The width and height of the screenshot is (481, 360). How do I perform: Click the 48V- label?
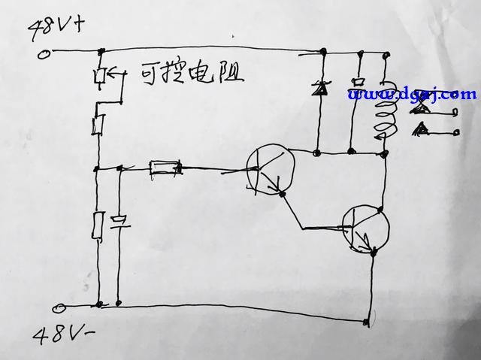[63, 334]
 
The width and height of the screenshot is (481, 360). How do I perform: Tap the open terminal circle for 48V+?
[44, 55]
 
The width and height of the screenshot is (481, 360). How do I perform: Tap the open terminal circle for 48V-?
[59, 308]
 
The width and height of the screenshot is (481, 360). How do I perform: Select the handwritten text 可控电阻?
[192, 74]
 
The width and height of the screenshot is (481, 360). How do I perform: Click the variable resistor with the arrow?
[100, 76]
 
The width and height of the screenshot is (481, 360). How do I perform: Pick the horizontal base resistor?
[165, 168]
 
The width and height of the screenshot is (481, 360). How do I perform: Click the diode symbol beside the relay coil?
[318, 89]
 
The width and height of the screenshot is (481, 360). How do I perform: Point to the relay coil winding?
[384, 111]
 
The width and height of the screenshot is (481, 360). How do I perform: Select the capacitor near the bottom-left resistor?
[119, 223]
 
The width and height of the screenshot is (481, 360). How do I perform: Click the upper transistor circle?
[271, 169]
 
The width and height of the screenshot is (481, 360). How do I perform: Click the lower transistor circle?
[366, 228]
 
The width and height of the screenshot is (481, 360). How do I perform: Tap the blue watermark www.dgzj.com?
[413, 95]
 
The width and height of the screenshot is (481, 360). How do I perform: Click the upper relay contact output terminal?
[456, 113]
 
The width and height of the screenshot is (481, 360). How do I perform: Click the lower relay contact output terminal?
[456, 132]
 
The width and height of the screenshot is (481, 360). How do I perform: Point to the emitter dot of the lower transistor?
[374, 253]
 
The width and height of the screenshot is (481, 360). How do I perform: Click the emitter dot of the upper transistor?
[283, 194]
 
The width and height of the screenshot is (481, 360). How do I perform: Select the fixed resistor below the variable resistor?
[98, 124]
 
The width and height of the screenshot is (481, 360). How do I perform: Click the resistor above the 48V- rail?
[98, 225]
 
